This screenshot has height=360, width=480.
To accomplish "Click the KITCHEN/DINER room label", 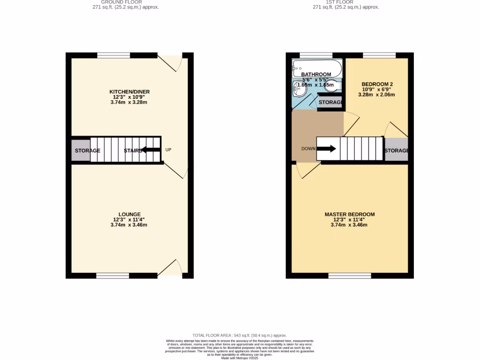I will point(129,91).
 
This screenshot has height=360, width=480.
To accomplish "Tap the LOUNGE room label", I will point(129,214).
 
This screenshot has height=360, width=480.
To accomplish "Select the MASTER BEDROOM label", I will point(350,214).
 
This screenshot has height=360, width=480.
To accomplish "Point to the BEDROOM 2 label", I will point(377,84).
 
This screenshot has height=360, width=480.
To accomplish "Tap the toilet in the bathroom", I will point(332,85).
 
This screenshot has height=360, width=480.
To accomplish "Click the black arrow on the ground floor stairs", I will point(150,150).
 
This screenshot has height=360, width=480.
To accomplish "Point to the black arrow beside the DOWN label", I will point(326,149).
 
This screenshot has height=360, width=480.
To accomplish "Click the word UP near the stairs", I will point(168,150).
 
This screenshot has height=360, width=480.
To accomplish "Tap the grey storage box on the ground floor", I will point(81,150).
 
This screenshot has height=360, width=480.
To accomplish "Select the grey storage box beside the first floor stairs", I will point(396,150).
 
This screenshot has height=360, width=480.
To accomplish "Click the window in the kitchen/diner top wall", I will point(113,55).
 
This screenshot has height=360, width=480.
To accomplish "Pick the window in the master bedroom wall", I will point(350,276).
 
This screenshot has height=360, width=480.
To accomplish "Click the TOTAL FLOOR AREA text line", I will point(240,336).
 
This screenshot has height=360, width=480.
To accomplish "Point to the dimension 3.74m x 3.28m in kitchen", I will point(129,102).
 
